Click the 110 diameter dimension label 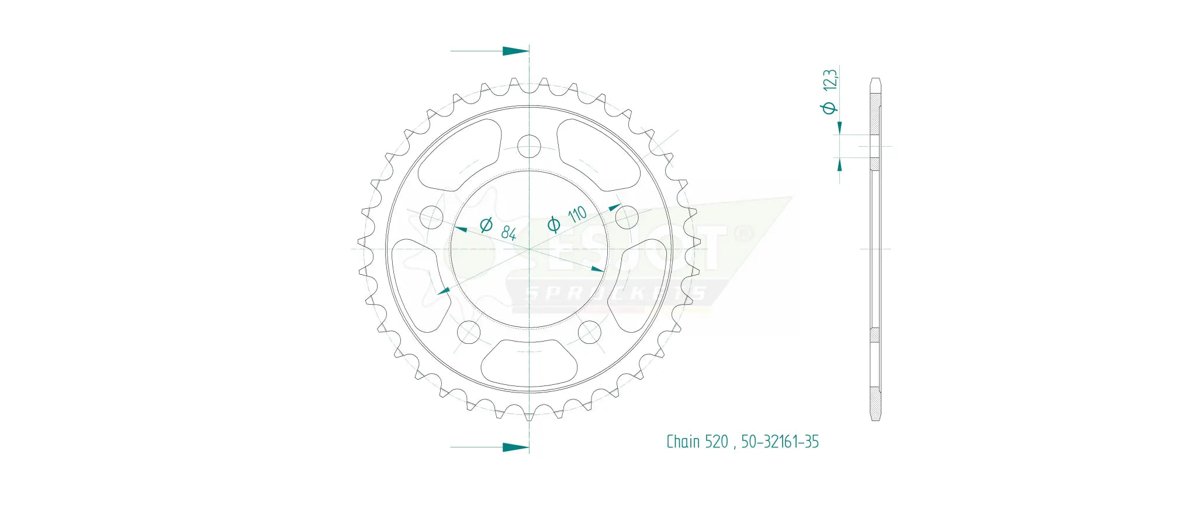(576, 214)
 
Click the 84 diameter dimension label (508, 233)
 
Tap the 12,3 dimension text (830, 80)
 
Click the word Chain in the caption (683, 442)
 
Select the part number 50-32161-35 (780, 442)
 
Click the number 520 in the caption (716, 442)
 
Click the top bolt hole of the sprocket (530, 146)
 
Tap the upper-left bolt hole (431, 217)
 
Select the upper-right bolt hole (627, 217)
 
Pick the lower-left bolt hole (468, 332)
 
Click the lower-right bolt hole (589, 332)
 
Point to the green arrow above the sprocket (515, 51)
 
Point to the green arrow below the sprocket (515, 447)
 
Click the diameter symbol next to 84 (486, 225)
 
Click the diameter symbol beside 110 (553, 224)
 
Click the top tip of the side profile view (875, 79)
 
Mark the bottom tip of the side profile (875, 419)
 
